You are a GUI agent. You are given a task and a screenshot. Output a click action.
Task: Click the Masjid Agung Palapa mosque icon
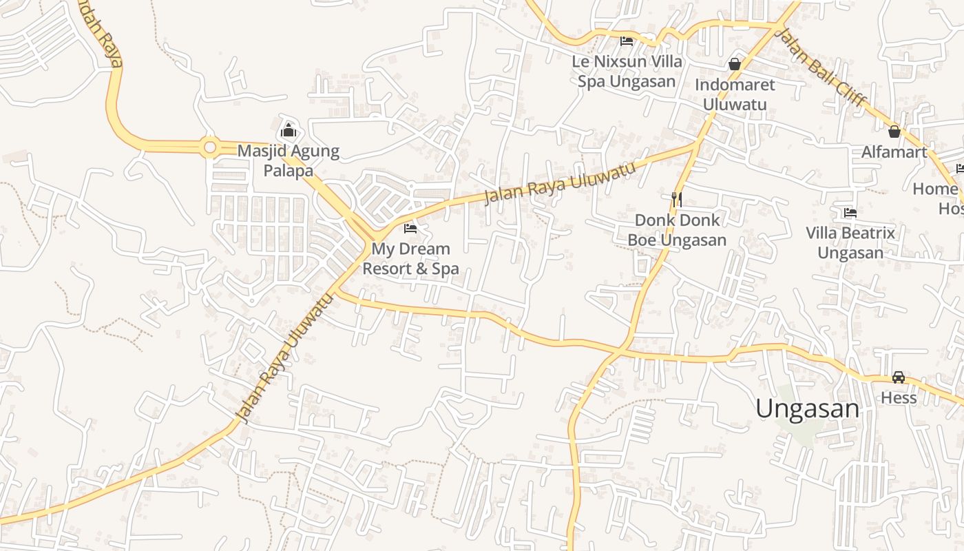[288, 130]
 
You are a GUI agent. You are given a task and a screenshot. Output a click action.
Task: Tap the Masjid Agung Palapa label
[288, 160]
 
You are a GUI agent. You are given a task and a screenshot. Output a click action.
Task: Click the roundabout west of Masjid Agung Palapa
[210, 147]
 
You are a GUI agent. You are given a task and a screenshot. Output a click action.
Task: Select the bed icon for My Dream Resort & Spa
[410, 228]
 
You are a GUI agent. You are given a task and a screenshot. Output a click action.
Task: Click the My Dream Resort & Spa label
[410, 258]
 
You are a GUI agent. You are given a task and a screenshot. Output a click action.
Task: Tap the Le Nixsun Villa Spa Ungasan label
[627, 71]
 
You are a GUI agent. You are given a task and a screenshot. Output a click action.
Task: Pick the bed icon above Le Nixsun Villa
[627, 41]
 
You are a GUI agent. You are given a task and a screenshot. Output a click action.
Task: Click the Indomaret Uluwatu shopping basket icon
[735, 64]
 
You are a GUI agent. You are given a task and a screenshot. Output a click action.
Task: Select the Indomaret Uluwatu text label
[735, 94]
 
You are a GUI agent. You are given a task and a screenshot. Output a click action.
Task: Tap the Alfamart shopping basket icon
[894, 131]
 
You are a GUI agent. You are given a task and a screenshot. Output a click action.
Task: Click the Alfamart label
[894, 152]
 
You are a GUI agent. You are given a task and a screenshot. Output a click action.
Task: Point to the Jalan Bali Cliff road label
[821, 67]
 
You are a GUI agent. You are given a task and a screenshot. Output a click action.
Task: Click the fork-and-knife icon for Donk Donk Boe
[677, 200]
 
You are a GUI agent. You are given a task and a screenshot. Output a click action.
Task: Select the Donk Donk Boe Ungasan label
[677, 230]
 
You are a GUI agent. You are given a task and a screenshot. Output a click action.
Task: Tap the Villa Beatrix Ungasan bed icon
[850, 213]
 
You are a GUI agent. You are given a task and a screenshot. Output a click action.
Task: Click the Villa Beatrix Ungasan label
[850, 242]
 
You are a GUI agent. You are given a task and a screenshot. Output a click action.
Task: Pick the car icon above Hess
[899, 377]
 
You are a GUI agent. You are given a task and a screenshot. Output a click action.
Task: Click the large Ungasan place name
[807, 408]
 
